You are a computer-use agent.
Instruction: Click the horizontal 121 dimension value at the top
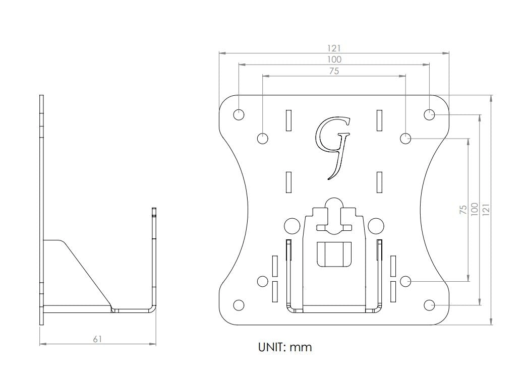334,48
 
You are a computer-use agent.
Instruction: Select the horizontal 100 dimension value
334,59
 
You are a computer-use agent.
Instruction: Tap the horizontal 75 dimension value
334,71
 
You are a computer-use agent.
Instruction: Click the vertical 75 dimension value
462,210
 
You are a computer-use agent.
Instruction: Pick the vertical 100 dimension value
474,210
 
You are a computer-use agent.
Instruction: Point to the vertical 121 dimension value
486,210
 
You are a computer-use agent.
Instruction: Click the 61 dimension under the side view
97,339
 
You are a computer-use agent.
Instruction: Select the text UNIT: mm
285,347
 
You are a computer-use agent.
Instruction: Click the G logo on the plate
333,146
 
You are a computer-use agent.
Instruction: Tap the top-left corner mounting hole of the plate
239,114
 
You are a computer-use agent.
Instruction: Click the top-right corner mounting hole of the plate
429,114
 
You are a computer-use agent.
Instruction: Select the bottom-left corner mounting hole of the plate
239,305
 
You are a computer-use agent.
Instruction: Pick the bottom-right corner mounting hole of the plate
429,305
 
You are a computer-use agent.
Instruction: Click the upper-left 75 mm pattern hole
263,138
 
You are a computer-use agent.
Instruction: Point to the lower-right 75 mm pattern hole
405,281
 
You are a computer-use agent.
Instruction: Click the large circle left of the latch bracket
292,225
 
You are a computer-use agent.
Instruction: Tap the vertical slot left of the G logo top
288,120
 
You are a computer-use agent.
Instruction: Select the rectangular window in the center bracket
334,254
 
